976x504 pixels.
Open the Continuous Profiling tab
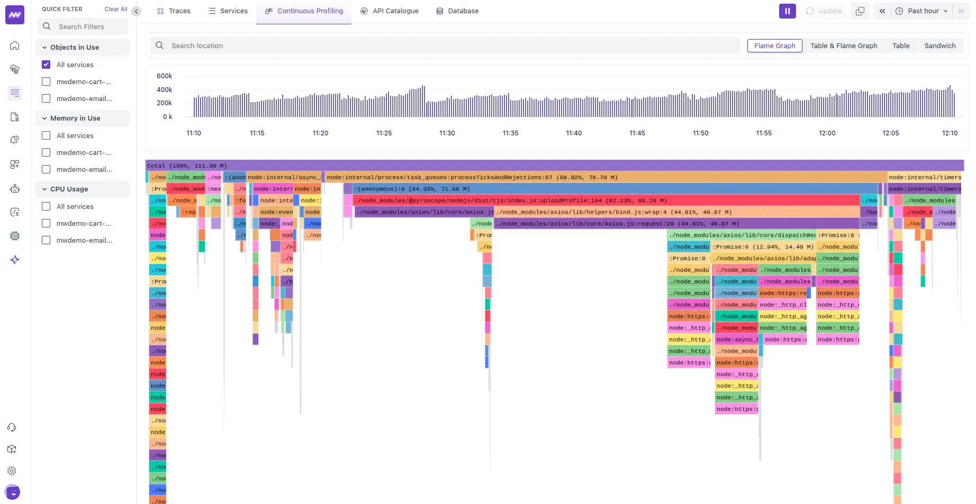click(x=304, y=11)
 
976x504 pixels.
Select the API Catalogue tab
click(x=390, y=11)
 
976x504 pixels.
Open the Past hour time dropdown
click(x=921, y=11)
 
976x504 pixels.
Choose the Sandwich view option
click(x=939, y=46)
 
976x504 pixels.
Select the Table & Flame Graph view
click(x=843, y=46)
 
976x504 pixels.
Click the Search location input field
click(x=445, y=46)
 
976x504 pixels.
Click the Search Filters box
click(x=83, y=27)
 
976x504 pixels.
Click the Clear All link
click(x=116, y=9)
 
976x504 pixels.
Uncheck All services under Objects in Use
click(x=46, y=65)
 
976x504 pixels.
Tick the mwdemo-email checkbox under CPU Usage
click(x=46, y=240)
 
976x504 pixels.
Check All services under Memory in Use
click(x=46, y=135)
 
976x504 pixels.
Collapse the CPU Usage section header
click(x=69, y=189)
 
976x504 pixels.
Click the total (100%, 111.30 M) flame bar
click(x=554, y=166)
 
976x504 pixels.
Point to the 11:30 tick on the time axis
click(x=447, y=133)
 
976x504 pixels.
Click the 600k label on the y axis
click(x=164, y=76)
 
